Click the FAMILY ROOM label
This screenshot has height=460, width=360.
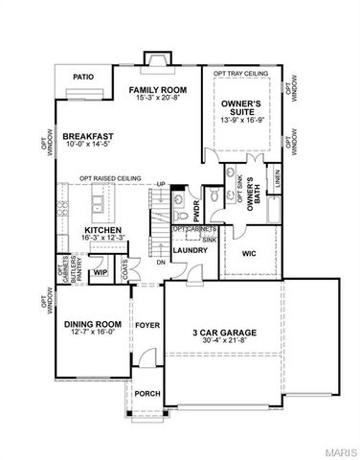point(158,89)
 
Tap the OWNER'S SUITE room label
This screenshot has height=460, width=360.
point(242,108)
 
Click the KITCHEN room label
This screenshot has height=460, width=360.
point(101,231)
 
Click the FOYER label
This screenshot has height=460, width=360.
point(146,325)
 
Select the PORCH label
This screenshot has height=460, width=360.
point(146,393)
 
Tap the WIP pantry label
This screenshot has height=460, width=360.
point(99,273)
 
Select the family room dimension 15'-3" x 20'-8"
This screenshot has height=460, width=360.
point(158,99)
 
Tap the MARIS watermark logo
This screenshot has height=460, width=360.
point(339,450)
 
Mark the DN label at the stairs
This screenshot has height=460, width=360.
point(161,262)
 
